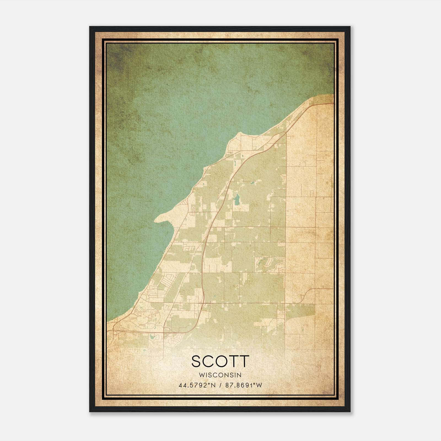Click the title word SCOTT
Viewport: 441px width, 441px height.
pos(220,361)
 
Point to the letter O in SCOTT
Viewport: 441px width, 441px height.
pos(222,361)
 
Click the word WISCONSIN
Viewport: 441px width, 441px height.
pos(220,375)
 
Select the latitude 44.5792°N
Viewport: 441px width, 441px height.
pos(197,385)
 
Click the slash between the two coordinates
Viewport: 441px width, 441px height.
pos(220,385)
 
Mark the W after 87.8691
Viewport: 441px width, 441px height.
pos(259,385)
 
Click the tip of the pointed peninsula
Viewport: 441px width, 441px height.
pos(155,220)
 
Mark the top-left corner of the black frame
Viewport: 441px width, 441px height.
pos(90,27)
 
